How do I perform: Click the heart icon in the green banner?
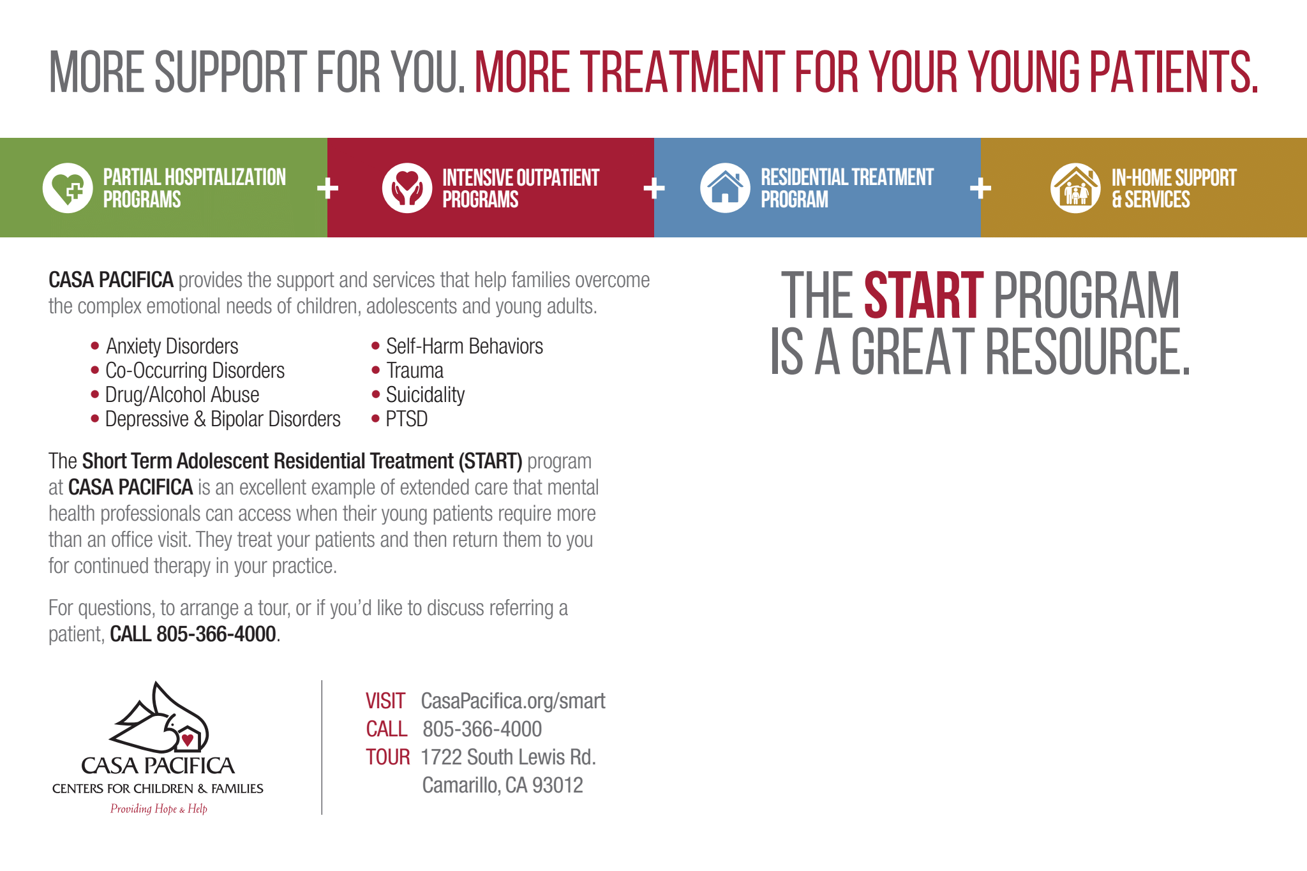point(68,188)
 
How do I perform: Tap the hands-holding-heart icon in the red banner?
point(407,188)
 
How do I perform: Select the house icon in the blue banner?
point(725,188)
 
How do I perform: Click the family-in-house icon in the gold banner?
point(1075,188)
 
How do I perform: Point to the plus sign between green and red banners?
point(327,188)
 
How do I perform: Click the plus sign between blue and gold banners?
point(980,188)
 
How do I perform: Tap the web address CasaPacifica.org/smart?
point(513,701)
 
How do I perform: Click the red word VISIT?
point(385,701)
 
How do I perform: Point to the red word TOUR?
point(387,757)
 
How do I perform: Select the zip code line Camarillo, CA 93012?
point(502,785)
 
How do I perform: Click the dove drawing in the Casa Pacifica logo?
point(160,717)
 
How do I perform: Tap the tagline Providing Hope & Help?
point(159,809)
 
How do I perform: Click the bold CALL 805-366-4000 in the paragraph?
point(193,634)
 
